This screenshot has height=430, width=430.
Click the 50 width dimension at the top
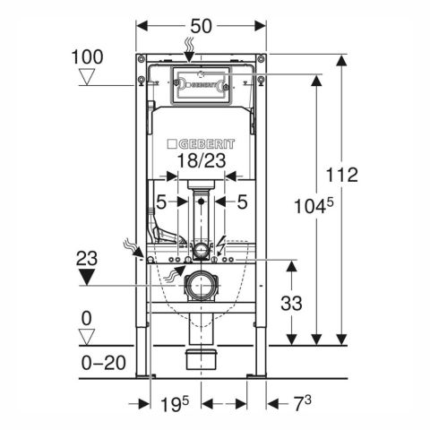click(201, 26)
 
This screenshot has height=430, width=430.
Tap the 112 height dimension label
click(341, 175)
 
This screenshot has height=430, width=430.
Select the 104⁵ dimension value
click(314, 205)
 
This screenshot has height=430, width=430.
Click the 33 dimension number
click(291, 304)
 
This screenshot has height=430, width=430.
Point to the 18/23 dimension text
click(202, 160)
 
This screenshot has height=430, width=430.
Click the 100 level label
click(87, 56)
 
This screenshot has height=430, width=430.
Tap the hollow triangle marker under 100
click(87, 77)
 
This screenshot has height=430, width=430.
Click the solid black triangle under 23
click(87, 277)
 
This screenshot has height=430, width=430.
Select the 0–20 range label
click(104, 363)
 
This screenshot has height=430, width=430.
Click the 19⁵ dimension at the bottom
click(175, 404)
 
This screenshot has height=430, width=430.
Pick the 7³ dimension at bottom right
click(303, 403)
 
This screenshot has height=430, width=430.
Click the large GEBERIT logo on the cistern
click(201, 144)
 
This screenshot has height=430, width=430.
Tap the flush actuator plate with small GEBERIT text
click(201, 86)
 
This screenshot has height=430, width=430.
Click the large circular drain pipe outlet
click(201, 286)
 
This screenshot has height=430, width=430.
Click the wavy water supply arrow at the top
click(189, 49)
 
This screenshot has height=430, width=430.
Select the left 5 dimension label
click(161, 202)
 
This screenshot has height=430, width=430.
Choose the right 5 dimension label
click(242, 202)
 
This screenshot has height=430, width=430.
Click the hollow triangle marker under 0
click(87, 337)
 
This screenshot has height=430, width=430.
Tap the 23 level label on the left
click(87, 258)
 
